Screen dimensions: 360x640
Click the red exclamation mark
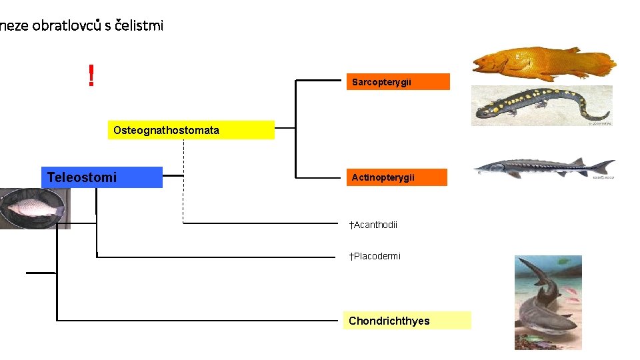(x=91, y=76)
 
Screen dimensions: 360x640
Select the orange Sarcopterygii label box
(x=398, y=82)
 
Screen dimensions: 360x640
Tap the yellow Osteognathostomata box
(x=191, y=130)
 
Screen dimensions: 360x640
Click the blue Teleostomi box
(x=101, y=177)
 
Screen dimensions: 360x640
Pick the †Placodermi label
(x=375, y=256)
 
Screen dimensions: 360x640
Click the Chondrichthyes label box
(x=407, y=321)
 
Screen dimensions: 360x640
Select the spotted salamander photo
(x=541, y=106)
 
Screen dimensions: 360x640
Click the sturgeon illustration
(x=543, y=167)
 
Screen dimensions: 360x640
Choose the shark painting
(x=548, y=303)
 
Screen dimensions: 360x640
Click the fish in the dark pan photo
(x=33, y=209)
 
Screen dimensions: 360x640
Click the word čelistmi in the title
(x=139, y=26)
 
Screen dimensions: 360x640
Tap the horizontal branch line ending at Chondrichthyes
(x=200, y=321)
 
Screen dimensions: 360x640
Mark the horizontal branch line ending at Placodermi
(x=220, y=256)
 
